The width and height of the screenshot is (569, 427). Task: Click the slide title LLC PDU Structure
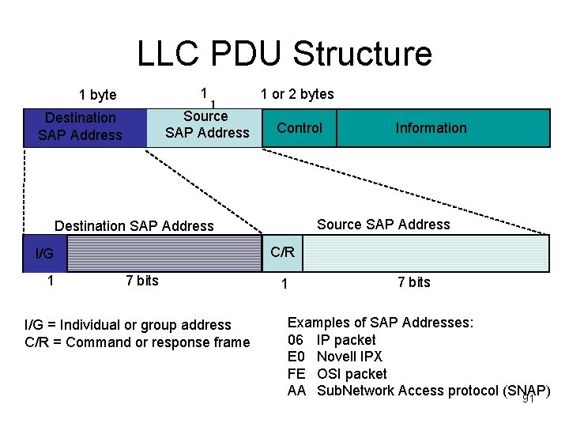point(284,54)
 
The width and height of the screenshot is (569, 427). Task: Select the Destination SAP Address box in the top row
point(81,127)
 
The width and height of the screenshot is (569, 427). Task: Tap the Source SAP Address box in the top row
point(206,127)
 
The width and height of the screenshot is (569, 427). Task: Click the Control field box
point(300,128)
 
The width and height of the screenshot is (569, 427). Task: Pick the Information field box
point(431,128)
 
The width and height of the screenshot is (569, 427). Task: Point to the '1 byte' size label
point(98,95)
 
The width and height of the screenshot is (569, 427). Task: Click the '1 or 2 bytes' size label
point(297,94)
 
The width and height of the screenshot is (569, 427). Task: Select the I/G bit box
point(44,254)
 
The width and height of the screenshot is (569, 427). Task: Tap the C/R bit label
point(282,252)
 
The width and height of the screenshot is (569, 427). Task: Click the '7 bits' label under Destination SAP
point(142,281)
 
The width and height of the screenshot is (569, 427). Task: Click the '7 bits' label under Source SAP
point(413,282)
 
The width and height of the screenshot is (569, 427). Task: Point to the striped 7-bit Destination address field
point(164,254)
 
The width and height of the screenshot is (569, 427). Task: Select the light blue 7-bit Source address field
point(425,254)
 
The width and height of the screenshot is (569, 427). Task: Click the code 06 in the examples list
point(296,340)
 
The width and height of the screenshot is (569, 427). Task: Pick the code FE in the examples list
point(296,373)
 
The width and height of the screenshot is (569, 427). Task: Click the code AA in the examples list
point(296,390)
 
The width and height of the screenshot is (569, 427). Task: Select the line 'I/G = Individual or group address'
point(128,325)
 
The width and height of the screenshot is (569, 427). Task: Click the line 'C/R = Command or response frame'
point(138,342)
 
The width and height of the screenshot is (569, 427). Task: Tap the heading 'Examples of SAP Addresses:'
point(380,323)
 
